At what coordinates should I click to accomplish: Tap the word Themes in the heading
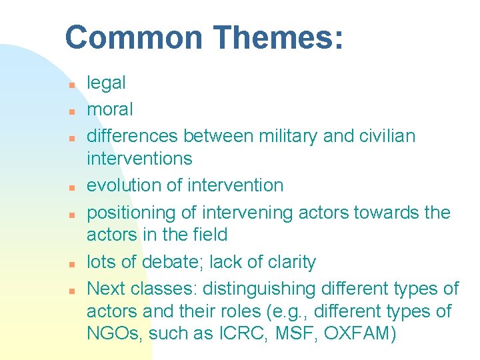(278, 37)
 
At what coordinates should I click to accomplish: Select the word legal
(106, 83)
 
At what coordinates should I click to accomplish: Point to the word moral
(110, 109)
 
